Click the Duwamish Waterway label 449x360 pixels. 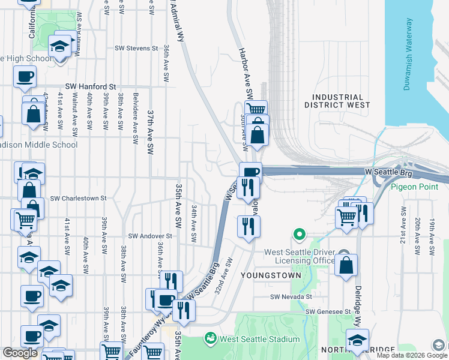coord(409,54)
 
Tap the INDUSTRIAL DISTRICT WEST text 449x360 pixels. coord(337,101)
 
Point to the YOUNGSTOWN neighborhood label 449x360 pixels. coord(266,274)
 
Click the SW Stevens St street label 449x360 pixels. coord(136,48)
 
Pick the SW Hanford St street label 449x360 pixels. coord(91,86)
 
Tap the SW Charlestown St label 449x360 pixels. coord(78,198)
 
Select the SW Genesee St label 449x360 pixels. coord(328,311)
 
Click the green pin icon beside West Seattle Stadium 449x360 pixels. coord(210,338)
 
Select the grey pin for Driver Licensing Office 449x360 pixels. coord(343,255)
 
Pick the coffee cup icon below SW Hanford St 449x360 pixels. coord(25,77)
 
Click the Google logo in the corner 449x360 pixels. coord(20,353)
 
